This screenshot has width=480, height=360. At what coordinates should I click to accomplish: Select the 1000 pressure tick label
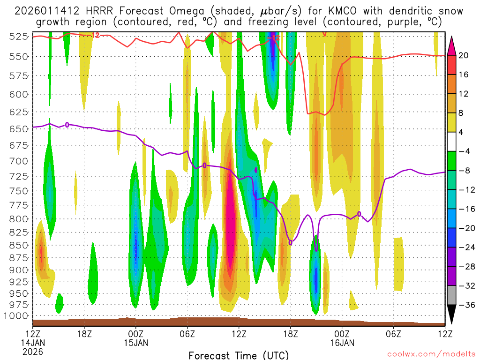pyautogui.click(x=18, y=315)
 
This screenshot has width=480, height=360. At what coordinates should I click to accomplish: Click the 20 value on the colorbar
pyautogui.click(x=464, y=55)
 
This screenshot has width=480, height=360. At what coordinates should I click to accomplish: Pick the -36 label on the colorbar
pyautogui.click(x=466, y=305)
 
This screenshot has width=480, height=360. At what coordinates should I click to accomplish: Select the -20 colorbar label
pyautogui.click(x=466, y=228)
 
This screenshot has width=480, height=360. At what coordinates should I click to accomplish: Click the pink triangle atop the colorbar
pyautogui.click(x=451, y=45)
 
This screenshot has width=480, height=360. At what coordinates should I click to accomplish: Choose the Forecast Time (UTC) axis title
pyautogui.click(x=239, y=355)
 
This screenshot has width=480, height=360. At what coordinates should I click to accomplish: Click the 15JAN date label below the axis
pyautogui.click(x=136, y=343)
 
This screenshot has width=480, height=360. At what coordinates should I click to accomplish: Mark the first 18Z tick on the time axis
pyautogui.click(x=84, y=334)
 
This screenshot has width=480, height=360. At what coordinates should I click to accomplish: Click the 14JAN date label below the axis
pyautogui.click(x=33, y=343)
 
